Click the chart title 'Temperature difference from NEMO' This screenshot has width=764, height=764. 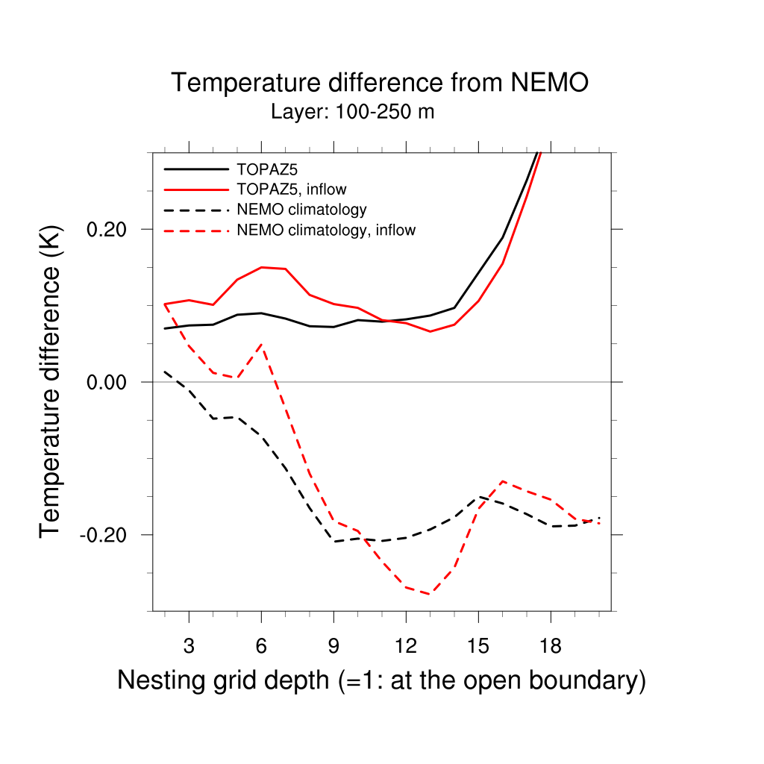(381, 83)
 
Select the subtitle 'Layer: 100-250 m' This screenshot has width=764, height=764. (352, 113)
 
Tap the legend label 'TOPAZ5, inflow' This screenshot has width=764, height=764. (291, 189)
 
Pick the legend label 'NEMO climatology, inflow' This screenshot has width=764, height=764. (325, 231)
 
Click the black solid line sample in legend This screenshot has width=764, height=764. (195, 169)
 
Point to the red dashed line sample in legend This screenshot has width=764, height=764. (195, 231)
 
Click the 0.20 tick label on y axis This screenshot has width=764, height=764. (108, 229)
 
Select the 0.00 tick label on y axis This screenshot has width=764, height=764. (108, 382)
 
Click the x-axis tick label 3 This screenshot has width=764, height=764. (189, 646)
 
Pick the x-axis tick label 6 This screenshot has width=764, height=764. (261, 646)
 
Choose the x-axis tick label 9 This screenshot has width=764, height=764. (334, 646)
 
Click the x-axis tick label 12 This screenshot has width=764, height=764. (406, 646)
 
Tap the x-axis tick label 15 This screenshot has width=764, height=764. (478, 646)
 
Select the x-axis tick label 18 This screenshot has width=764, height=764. (551, 646)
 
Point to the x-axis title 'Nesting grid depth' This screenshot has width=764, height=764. (381, 680)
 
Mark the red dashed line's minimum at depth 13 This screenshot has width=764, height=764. (430, 594)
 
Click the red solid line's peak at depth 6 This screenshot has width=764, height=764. (261, 267)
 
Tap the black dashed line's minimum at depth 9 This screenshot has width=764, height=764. (334, 542)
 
